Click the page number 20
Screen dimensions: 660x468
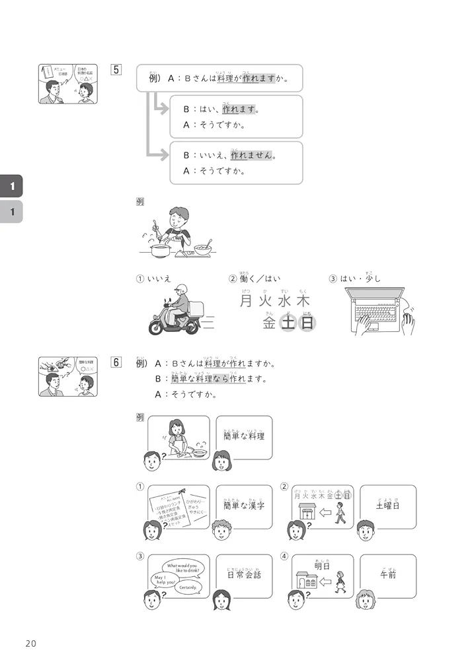pyautogui.click(x=31, y=643)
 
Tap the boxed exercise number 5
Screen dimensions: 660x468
pyautogui.click(x=116, y=69)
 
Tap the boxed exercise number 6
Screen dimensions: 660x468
pyautogui.click(x=116, y=362)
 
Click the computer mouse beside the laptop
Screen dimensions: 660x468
pyautogui.click(x=409, y=323)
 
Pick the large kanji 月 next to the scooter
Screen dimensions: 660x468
pyautogui.click(x=246, y=301)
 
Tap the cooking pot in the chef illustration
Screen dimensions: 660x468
pyautogui.click(x=161, y=249)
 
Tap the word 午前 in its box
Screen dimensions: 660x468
pyautogui.click(x=389, y=574)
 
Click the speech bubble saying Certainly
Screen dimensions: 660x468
pyautogui.click(x=187, y=587)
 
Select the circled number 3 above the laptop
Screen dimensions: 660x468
pyautogui.click(x=333, y=279)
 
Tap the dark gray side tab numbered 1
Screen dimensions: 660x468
pyautogui.click(x=11, y=187)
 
